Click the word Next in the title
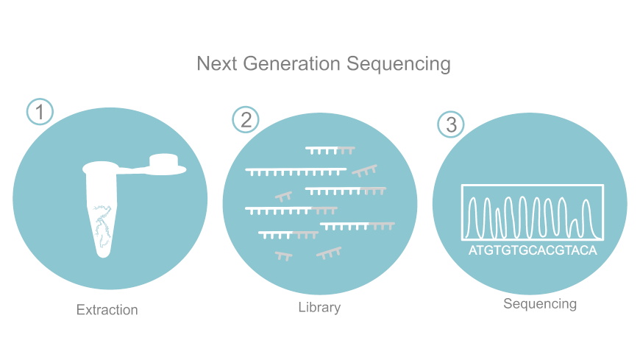217,64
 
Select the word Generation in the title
292,64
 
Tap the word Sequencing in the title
399,65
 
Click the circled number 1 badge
40,112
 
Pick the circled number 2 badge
246,120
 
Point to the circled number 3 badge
451,124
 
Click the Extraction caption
107,310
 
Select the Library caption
319,307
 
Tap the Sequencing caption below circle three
540,304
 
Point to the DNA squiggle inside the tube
102,225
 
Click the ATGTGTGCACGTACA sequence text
533,250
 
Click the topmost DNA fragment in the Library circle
330,150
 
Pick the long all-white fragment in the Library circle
296,172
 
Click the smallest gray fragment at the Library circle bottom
284,256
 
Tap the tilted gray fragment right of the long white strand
365,171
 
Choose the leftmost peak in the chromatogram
473,216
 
